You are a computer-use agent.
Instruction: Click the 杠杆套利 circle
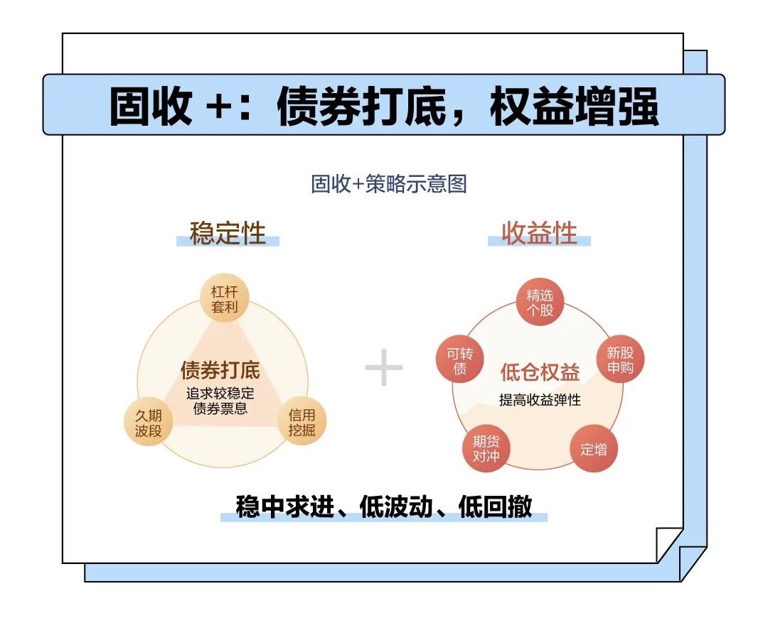pos(224,298)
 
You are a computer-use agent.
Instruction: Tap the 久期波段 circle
pos(149,423)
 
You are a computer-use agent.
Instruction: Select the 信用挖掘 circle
pos(302,422)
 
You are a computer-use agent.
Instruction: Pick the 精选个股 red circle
pos(540,303)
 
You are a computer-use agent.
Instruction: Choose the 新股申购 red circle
pos(620,359)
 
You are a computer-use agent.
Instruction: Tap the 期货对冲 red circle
pos(486,449)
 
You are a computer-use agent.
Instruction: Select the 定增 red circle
pos(594,449)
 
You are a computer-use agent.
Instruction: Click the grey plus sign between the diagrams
pos(384,367)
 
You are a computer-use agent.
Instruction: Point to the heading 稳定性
pos(228,233)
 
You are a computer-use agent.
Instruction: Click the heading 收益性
pos(539,233)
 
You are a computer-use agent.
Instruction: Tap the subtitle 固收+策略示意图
pos(389,184)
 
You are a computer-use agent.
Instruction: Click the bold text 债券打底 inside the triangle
pos(220,370)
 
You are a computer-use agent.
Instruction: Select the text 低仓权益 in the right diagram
pos(540,372)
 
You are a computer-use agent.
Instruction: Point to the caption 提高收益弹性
pos(540,400)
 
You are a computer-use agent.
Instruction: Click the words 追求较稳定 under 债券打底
pos(220,394)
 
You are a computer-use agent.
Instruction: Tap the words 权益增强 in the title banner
pos(574,106)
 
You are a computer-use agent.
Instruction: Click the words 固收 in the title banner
pos(150,106)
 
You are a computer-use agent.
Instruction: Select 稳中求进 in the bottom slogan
pos(285,506)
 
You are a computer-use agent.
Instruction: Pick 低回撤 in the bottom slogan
pos(495,506)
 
